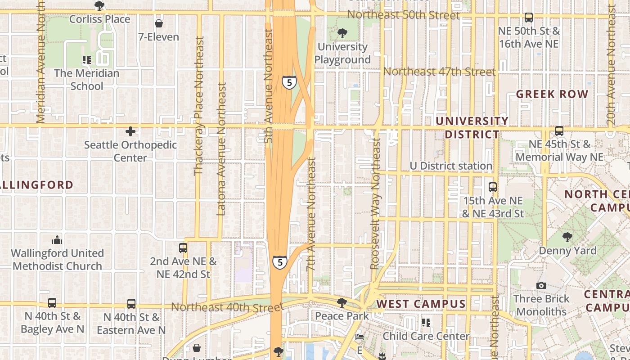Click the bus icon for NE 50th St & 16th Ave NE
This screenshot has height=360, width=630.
point(529,18)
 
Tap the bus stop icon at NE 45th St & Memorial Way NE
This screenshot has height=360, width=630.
point(559,131)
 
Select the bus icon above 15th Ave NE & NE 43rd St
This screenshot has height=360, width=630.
point(493,187)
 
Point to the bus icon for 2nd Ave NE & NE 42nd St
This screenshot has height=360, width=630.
point(183,248)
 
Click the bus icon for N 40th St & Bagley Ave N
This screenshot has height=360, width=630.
point(52,303)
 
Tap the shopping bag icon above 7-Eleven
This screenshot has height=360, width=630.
point(159,23)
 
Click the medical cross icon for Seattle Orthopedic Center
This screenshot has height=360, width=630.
point(130,131)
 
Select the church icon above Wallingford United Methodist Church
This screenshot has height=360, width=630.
point(57,239)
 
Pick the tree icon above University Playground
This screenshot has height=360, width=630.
point(342,33)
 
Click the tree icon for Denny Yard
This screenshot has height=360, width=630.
point(567,237)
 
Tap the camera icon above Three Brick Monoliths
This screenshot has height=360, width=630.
point(541,285)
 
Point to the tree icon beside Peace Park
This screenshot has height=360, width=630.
point(342,303)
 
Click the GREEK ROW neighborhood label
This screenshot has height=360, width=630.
point(552,94)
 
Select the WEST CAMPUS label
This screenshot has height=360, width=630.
point(421,304)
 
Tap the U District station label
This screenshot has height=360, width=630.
point(451,166)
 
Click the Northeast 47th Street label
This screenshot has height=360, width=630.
point(439,72)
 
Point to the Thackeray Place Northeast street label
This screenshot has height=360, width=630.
point(198,106)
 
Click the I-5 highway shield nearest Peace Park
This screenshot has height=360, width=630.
point(279,262)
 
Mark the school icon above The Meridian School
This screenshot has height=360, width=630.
point(87,59)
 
